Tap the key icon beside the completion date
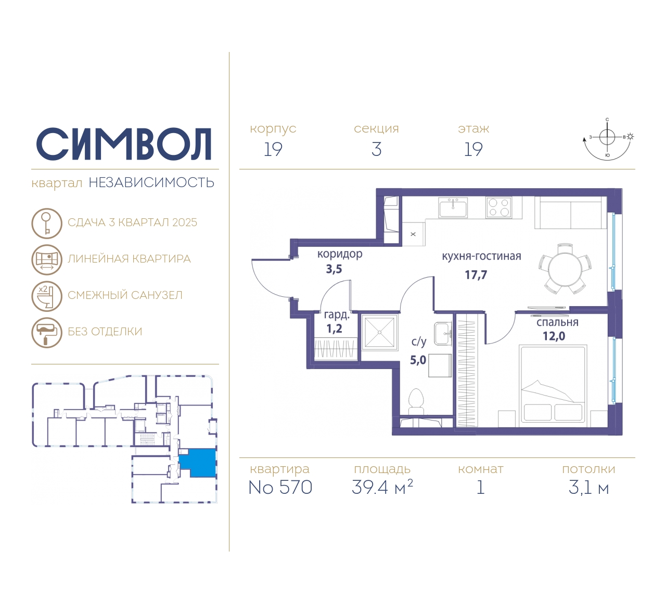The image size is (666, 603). point(47,223)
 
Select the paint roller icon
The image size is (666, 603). point(47,332)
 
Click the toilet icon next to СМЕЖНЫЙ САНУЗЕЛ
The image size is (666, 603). point(47,296)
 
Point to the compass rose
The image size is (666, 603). point(607,139)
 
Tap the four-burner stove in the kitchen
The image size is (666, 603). point(498,207)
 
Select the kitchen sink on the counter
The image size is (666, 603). point(453,207)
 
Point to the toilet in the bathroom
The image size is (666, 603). point(416,402)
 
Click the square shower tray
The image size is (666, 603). point(379,332)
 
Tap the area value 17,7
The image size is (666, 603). point(476,274)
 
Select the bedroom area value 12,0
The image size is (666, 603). point(554,336)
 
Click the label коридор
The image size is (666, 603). point(340,254)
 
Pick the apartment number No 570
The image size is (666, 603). point(280,487)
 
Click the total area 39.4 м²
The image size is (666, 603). point(382,487)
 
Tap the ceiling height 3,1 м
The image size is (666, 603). point(588,488)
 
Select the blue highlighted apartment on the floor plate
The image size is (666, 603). point(198,462)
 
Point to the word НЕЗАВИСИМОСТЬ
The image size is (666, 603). point(151,182)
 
